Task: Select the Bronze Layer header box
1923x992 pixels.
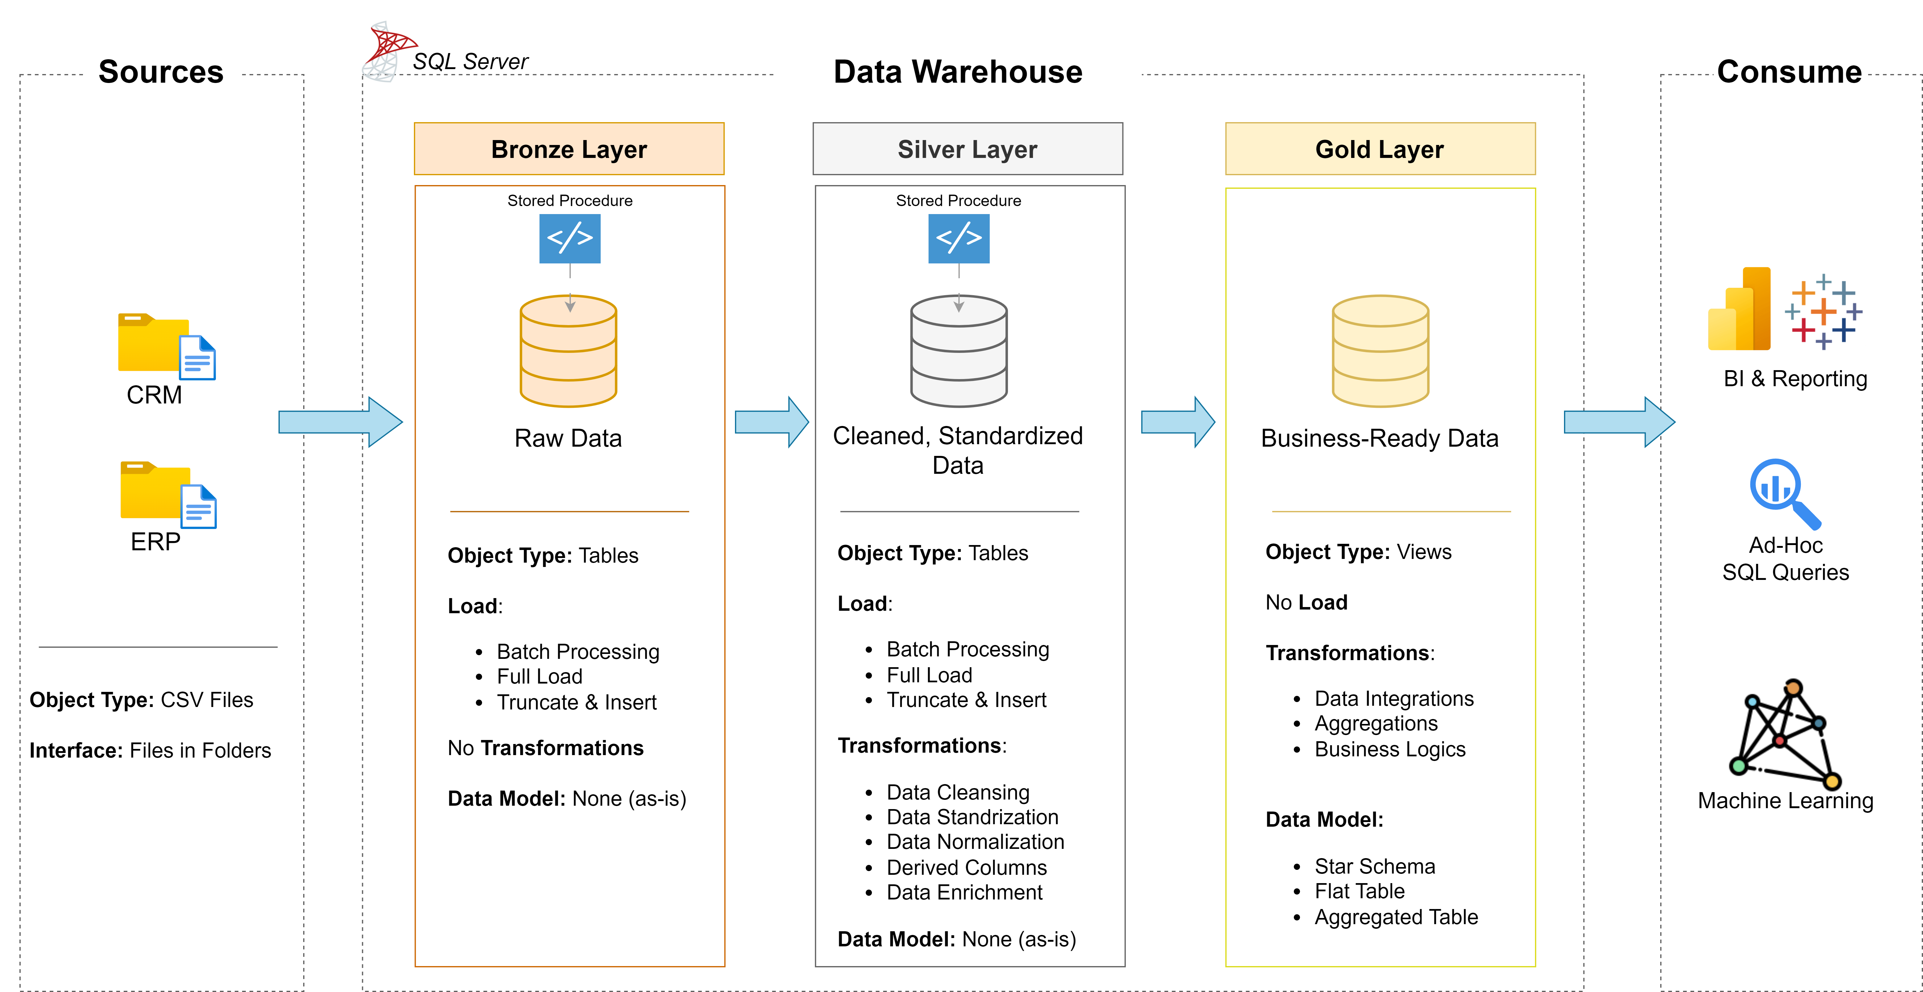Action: pos(569,149)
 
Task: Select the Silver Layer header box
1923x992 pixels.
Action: pos(968,149)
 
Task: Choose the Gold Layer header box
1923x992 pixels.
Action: pos(1380,149)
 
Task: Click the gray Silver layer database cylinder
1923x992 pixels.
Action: pos(959,351)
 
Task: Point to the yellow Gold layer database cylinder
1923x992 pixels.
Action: pos(1380,351)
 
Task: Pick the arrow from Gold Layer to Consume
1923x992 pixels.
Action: pos(1618,422)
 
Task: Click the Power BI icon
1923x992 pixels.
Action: pos(1739,310)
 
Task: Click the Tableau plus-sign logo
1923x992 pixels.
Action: pos(1823,311)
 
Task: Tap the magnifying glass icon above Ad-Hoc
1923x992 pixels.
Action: pos(1784,493)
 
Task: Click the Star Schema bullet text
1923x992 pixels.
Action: pos(1374,866)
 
